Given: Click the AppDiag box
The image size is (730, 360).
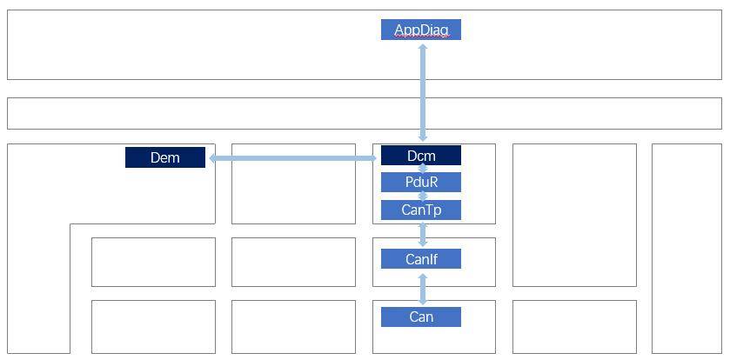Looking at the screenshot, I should coord(420,30).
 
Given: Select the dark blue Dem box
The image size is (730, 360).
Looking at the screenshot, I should coord(165,157).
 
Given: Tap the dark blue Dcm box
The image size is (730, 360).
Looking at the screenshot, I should coord(420,156).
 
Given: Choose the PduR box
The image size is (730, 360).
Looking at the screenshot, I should coord(420,183).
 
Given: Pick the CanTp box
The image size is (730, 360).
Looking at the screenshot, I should coord(420,210).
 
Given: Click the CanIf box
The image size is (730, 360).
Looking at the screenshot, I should coord(420,258).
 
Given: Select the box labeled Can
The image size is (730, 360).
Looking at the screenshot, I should coord(420,317).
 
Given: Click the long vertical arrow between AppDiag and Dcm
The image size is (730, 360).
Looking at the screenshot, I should coord(423,91).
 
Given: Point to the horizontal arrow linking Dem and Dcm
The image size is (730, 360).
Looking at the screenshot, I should coord(292,158).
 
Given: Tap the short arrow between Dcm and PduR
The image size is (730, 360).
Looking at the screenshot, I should coord(423,169).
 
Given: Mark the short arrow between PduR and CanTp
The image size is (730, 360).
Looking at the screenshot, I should coord(423,197).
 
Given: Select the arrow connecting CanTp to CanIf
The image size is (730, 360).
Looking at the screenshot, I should coord(423,234).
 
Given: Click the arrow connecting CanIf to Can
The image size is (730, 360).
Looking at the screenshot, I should coord(423,288).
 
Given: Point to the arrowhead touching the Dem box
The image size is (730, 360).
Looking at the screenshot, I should coord(211,158).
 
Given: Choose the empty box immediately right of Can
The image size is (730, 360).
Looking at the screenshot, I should coord(574,326).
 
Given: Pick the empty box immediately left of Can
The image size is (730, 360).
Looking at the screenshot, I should coord(293,326).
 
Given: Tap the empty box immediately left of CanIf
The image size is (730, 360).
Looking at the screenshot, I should coord(293,262).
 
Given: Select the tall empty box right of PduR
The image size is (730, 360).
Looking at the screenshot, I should coord(574,215).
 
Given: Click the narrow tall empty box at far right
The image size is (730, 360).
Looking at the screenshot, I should coord(686,248).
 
